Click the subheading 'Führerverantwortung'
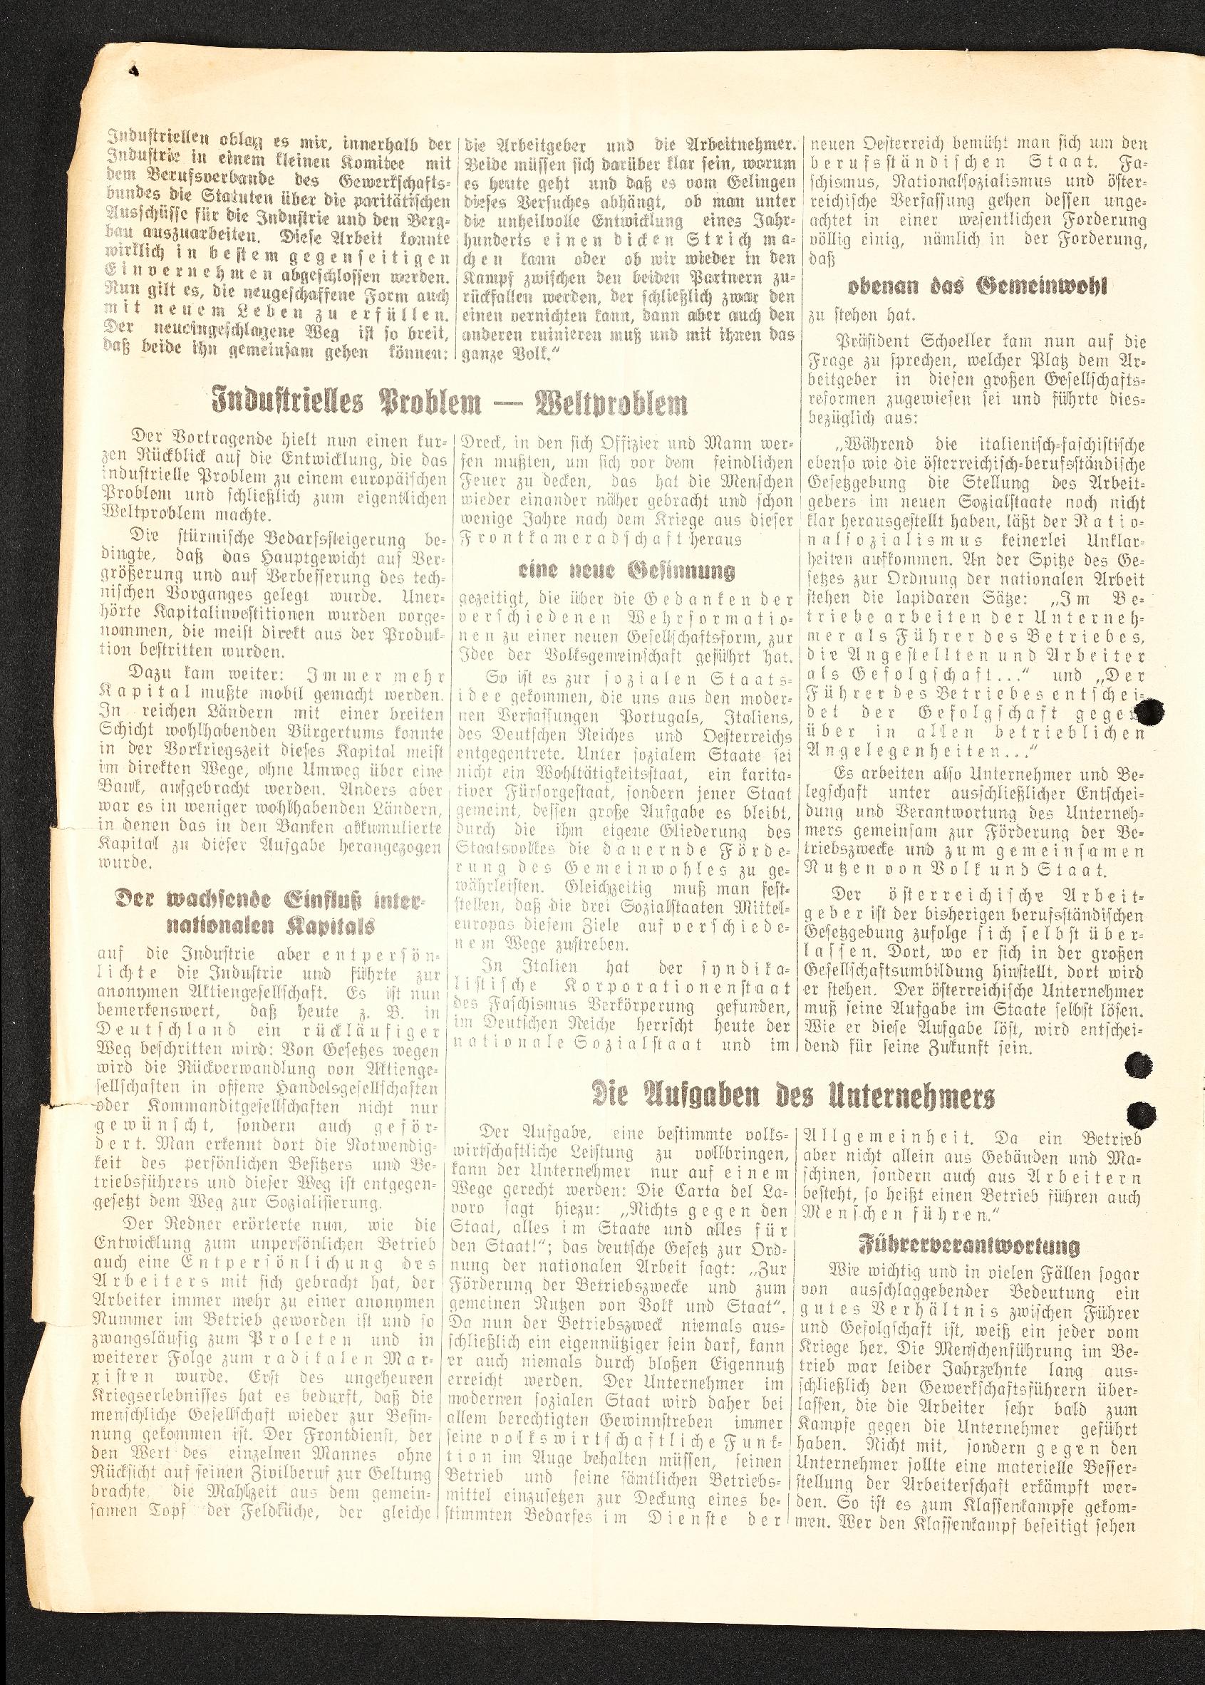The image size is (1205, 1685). [968, 1245]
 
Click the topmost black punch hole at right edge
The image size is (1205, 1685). [1151, 712]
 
